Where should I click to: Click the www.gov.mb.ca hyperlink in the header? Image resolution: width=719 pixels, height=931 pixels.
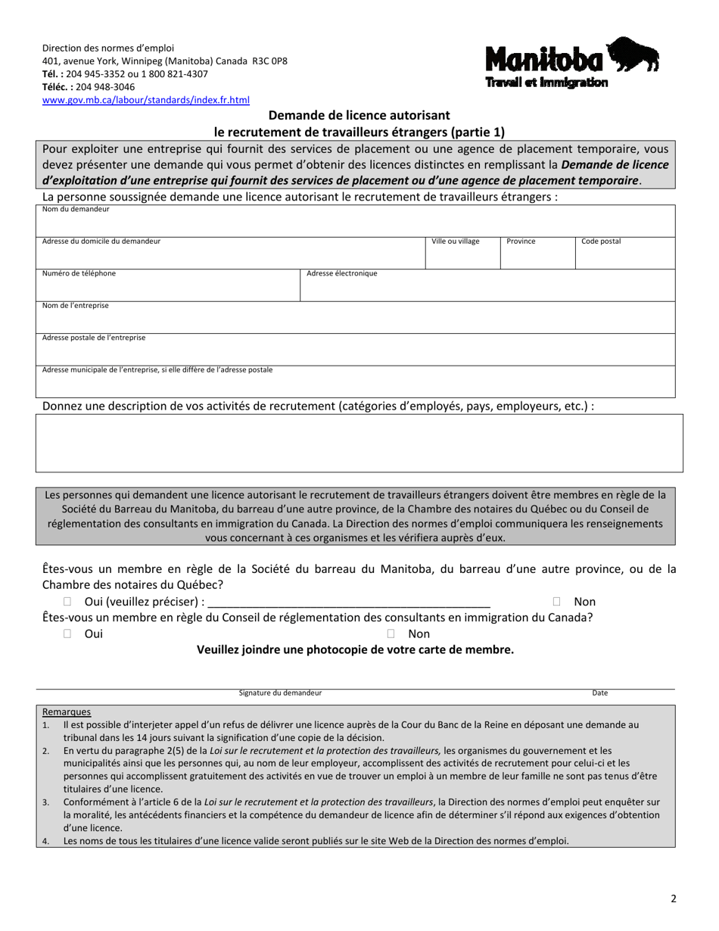pyautogui.click(x=145, y=100)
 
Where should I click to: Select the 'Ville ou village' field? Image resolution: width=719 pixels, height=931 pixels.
pyautogui.click(x=462, y=256)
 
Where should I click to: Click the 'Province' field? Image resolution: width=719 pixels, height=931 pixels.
pyautogui.click(x=537, y=256)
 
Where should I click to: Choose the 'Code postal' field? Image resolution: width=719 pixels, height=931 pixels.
pyautogui.click(x=625, y=256)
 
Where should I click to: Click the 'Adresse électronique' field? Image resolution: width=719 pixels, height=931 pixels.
pyautogui.click(x=487, y=288)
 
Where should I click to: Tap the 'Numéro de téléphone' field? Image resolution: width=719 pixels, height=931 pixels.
pyautogui.click(x=168, y=288)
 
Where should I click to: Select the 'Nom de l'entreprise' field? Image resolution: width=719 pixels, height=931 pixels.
pyautogui.click(x=356, y=320)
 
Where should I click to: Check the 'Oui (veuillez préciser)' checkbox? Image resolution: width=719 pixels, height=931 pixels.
pyautogui.click(x=67, y=602)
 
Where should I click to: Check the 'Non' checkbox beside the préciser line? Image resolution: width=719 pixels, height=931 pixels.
pyautogui.click(x=556, y=602)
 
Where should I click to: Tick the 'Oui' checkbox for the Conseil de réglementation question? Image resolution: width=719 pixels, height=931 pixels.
pyautogui.click(x=67, y=634)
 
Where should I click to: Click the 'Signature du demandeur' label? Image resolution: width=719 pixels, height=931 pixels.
pyautogui.click(x=280, y=693)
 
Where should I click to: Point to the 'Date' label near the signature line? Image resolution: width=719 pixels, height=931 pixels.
pyautogui.click(x=599, y=693)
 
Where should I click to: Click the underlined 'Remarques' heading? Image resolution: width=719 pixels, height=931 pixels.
pyautogui.click(x=67, y=711)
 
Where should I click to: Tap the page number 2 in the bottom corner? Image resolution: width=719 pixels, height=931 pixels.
pyautogui.click(x=673, y=899)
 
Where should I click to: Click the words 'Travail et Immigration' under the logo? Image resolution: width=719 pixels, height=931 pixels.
pyautogui.click(x=546, y=83)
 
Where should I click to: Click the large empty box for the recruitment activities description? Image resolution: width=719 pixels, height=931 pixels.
pyautogui.click(x=359, y=443)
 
